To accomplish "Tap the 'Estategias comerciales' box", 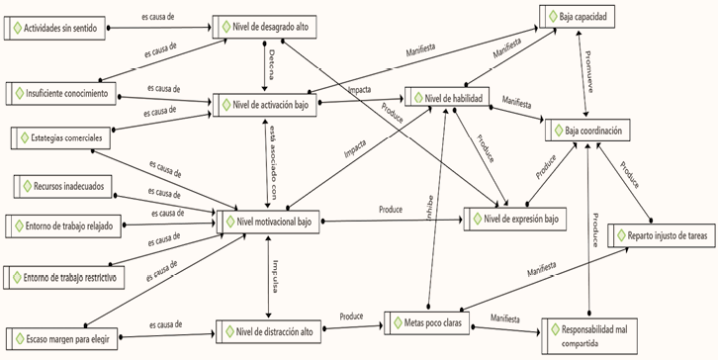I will tap(60, 136).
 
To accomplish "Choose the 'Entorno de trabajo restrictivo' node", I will tap(64, 278).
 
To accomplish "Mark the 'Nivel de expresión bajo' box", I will tap(515, 217).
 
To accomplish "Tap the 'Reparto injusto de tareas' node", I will tap(658, 235).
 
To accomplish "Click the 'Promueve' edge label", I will tap(590, 71).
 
